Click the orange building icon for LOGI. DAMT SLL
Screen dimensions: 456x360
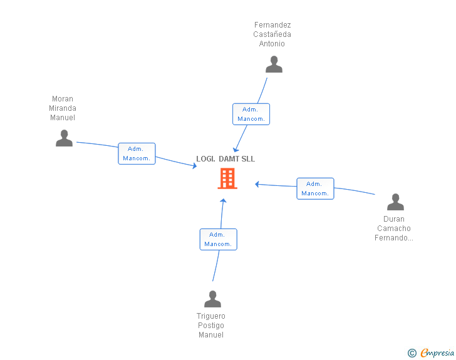(x=227, y=178)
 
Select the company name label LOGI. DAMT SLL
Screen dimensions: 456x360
(x=225, y=159)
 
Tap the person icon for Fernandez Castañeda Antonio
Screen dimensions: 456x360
(x=274, y=64)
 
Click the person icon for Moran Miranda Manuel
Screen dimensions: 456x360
(x=64, y=138)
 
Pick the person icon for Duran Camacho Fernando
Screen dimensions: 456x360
(x=395, y=202)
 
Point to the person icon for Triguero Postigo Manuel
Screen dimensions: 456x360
(x=212, y=299)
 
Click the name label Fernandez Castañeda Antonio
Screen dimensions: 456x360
(x=272, y=34)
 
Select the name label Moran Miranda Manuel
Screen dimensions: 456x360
(x=63, y=108)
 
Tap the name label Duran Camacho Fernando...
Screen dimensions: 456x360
(x=394, y=229)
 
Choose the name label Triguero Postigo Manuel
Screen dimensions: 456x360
(x=211, y=326)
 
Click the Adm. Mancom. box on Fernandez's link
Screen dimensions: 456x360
(x=251, y=114)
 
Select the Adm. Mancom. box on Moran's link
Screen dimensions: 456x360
(x=137, y=153)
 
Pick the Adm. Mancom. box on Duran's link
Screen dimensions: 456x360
(x=315, y=188)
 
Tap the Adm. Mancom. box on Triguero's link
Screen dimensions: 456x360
(x=219, y=239)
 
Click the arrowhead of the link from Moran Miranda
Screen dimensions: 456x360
(x=195, y=166)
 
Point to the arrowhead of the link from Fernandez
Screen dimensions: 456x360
(x=236, y=150)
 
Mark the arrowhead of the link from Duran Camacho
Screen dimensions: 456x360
(x=257, y=184)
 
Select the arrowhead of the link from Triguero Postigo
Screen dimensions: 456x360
(x=223, y=200)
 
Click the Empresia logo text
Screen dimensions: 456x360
(x=437, y=352)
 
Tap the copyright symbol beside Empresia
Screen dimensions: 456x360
(x=412, y=353)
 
